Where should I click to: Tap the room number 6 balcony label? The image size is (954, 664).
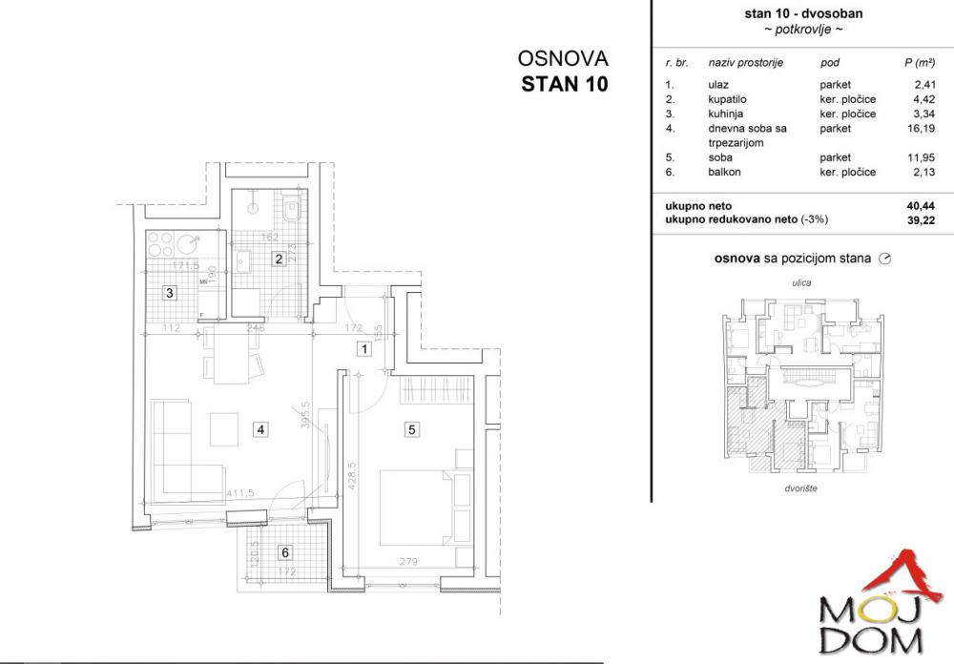284,551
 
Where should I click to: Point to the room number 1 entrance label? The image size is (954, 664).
363,350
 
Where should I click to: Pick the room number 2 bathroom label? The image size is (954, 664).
279,259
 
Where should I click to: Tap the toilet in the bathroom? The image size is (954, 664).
294,209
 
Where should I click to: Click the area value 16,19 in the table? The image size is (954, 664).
919,128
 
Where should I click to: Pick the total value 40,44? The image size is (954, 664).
919,204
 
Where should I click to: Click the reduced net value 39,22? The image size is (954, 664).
919,218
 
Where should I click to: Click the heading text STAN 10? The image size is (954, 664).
564,82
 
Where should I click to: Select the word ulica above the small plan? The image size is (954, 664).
800,282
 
